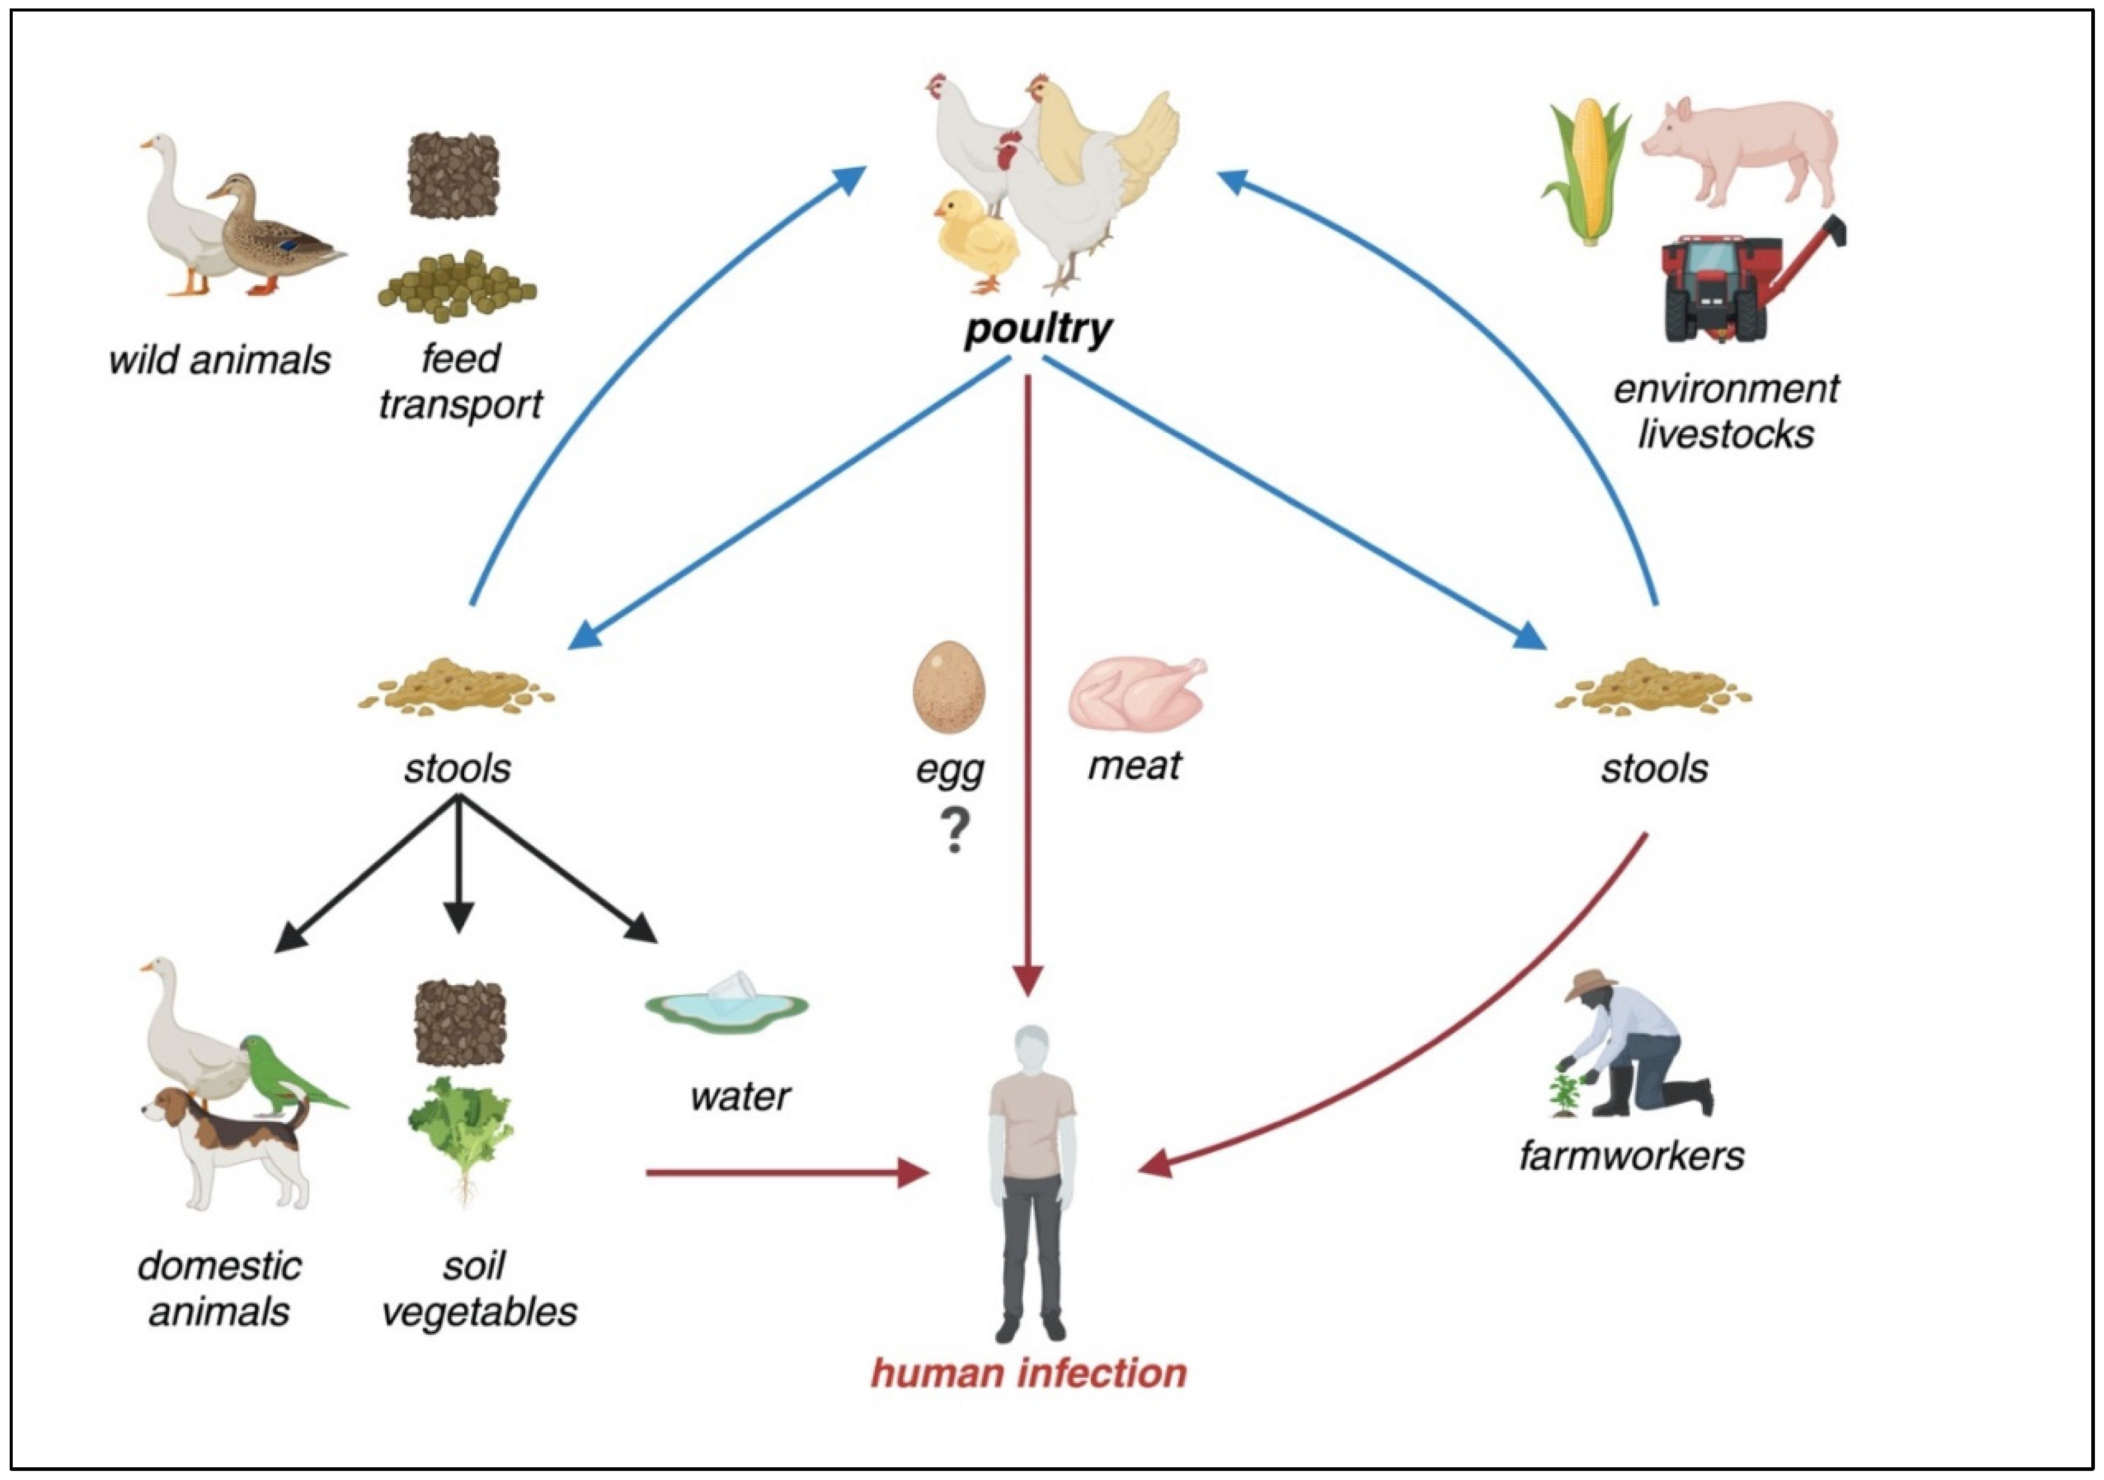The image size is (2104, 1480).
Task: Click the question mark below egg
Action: point(955,831)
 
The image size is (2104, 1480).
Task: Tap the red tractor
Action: point(1718,289)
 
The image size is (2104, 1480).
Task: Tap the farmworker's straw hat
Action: point(1591,983)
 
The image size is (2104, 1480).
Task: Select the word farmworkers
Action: point(1631,1154)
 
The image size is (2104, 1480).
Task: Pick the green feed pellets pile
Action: point(456,286)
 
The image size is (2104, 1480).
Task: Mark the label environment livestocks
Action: point(1726,411)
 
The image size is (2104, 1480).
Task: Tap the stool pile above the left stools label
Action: point(456,686)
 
